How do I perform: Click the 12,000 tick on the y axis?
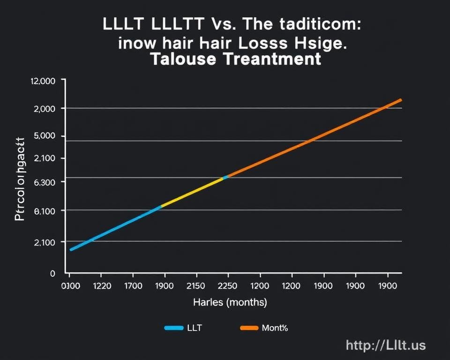click(x=43, y=81)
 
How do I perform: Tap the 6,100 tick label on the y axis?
click(x=45, y=211)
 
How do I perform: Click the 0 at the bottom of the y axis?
click(x=52, y=273)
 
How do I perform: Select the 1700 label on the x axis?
click(x=133, y=285)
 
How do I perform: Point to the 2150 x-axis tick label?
click(x=196, y=285)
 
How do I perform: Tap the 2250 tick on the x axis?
click(x=228, y=285)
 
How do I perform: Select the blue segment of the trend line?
click(x=115, y=228)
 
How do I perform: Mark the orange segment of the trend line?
click(x=314, y=137)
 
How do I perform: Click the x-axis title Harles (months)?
click(x=230, y=303)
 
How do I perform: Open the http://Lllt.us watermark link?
click(x=385, y=345)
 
